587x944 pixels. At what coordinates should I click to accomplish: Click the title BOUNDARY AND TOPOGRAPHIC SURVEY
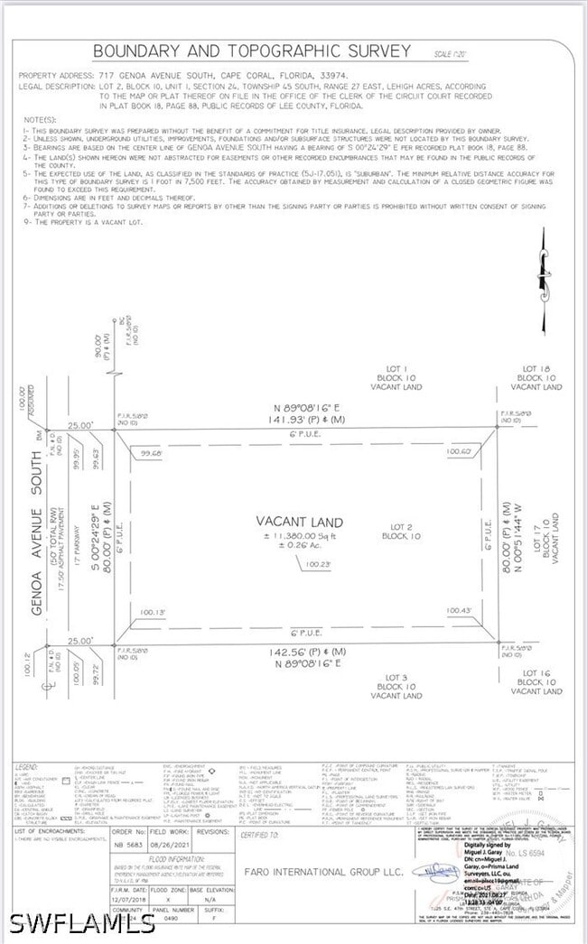pyautogui.click(x=252, y=51)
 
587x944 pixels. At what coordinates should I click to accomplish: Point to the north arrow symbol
pyautogui.click(x=544, y=281)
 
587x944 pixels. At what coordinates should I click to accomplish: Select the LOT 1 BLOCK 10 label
pyautogui.click(x=389, y=377)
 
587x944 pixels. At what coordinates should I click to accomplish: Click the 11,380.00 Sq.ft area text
pyautogui.click(x=300, y=536)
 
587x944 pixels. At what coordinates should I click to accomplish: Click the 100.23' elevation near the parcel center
pyautogui.click(x=318, y=564)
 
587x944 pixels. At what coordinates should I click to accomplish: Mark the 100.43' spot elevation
pyautogui.click(x=460, y=611)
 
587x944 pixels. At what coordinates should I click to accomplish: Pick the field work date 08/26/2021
pyautogui.click(x=168, y=845)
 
